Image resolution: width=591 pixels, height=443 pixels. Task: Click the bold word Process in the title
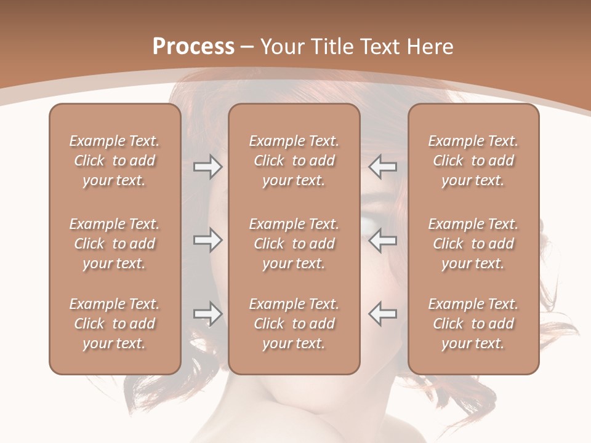193,47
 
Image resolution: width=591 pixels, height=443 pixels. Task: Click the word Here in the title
431,47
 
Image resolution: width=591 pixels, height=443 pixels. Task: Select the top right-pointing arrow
207,167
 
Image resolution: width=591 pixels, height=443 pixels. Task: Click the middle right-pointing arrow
207,240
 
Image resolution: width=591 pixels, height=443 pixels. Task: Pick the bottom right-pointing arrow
207,314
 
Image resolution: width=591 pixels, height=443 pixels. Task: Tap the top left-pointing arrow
383,167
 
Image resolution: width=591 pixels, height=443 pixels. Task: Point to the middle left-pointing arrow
383,240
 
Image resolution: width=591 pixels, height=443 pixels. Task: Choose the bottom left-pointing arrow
383,314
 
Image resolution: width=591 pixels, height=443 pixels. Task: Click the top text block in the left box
115,161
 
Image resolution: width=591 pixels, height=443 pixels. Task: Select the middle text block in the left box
115,244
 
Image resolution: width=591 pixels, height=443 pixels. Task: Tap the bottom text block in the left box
115,324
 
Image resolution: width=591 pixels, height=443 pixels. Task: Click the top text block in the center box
294,161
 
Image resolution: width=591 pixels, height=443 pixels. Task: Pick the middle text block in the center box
294,244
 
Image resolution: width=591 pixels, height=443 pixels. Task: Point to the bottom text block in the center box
294,324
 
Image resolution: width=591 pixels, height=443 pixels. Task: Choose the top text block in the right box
473,161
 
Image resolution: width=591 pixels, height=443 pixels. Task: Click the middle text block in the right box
473,244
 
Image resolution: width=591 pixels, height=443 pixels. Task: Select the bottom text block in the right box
473,324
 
